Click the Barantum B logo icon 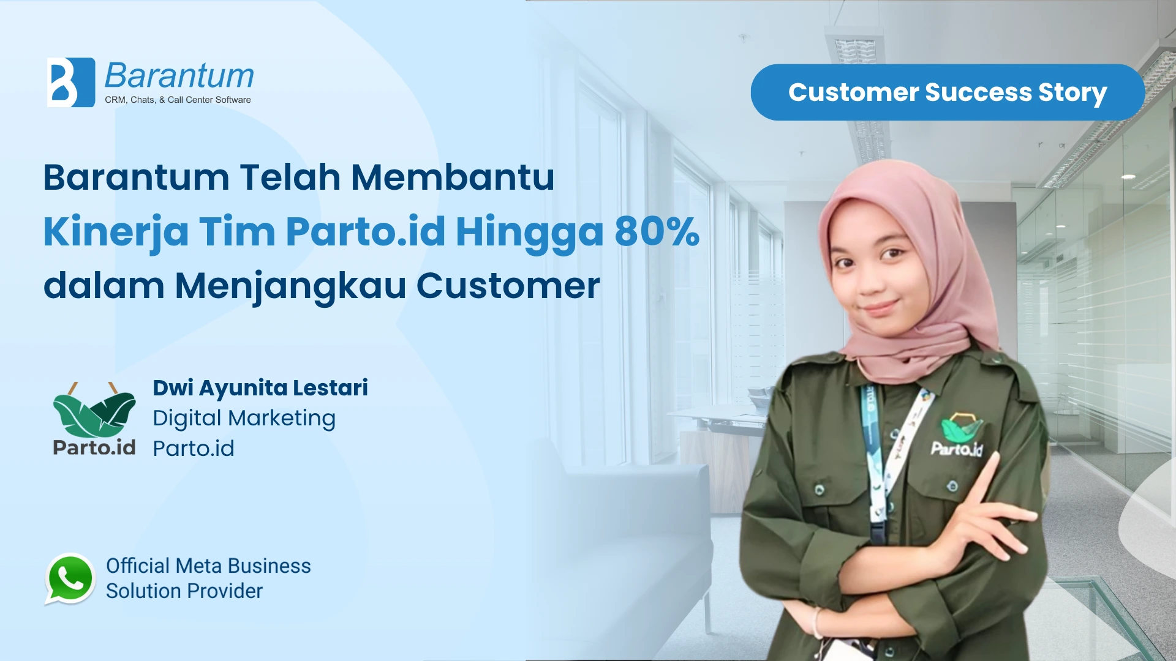point(71,83)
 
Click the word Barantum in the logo point(179,77)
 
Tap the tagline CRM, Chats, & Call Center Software point(178,100)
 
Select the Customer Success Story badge point(948,92)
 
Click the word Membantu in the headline point(453,177)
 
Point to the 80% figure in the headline point(657,231)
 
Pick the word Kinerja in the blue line point(116,233)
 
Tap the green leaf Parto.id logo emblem point(94,411)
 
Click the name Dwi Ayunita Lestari point(260,388)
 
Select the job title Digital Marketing point(244,419)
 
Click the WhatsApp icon point(70,578)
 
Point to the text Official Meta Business point(208,566)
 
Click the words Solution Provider point(184,591)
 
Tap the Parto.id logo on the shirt point(957,436)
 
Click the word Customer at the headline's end point(508,286)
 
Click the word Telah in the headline point(290,177)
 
